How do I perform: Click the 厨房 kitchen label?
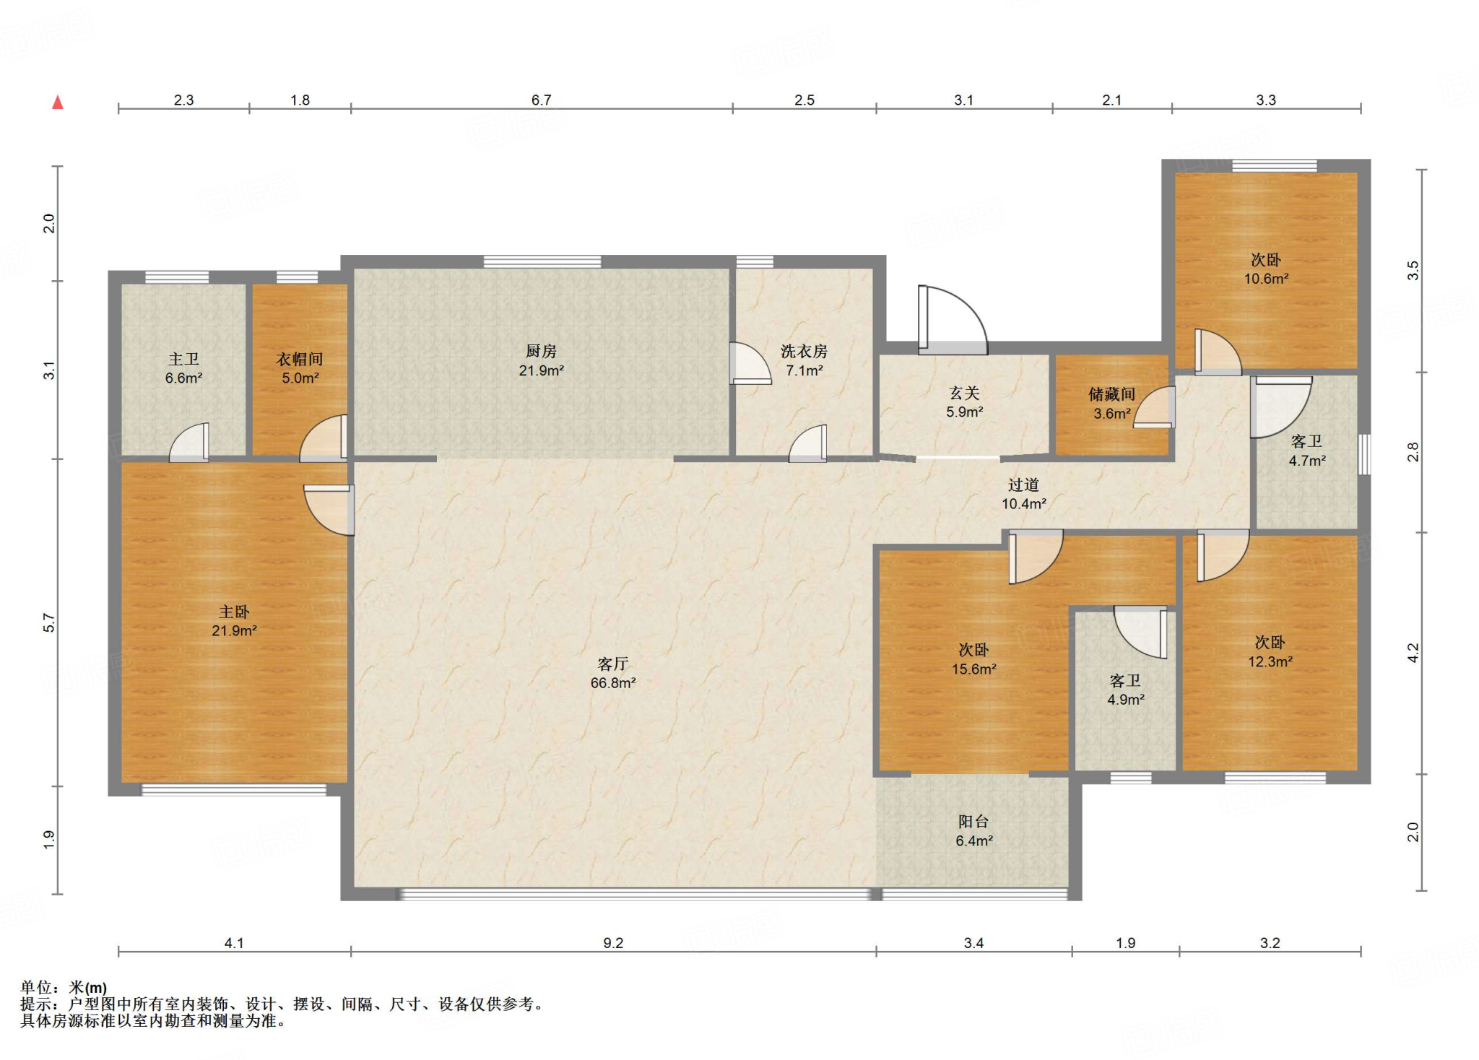[541, 351]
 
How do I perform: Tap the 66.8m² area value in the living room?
[612, 683]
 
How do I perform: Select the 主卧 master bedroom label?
[234, 612]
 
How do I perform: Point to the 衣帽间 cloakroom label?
[300, 359]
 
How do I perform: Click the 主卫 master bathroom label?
[183, 359]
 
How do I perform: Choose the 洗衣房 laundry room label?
[804, 351]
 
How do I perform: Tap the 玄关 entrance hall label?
[964, 393]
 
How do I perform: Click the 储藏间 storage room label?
[1111, 394]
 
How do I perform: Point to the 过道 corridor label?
[1023, 485]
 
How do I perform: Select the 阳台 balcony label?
[973, 822]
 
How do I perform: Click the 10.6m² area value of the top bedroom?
[1266, 279]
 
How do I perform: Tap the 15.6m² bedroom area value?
[973, 669]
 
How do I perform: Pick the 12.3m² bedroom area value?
[1270, 661]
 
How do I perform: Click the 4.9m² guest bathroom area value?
[1126, 700]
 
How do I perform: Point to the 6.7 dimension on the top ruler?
[541, 100]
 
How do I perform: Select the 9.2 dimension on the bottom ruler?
[612, 943]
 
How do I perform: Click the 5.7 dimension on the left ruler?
[48, 622]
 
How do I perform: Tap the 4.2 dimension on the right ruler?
[1413, 653]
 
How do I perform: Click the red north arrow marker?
[58, 103]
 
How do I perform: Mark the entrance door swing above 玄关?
[953, 320]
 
